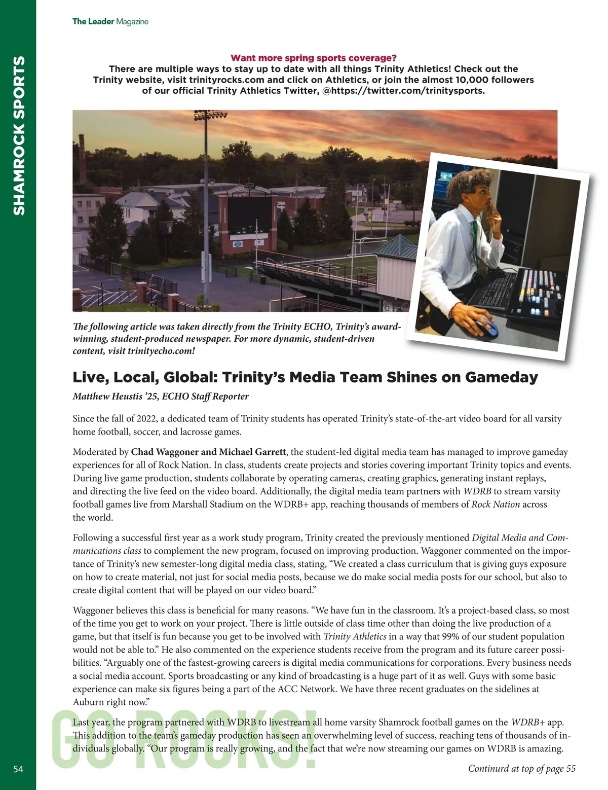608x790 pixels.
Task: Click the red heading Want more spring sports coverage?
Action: pos(313,58)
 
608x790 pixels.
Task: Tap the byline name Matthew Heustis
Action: pos(104,397)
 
